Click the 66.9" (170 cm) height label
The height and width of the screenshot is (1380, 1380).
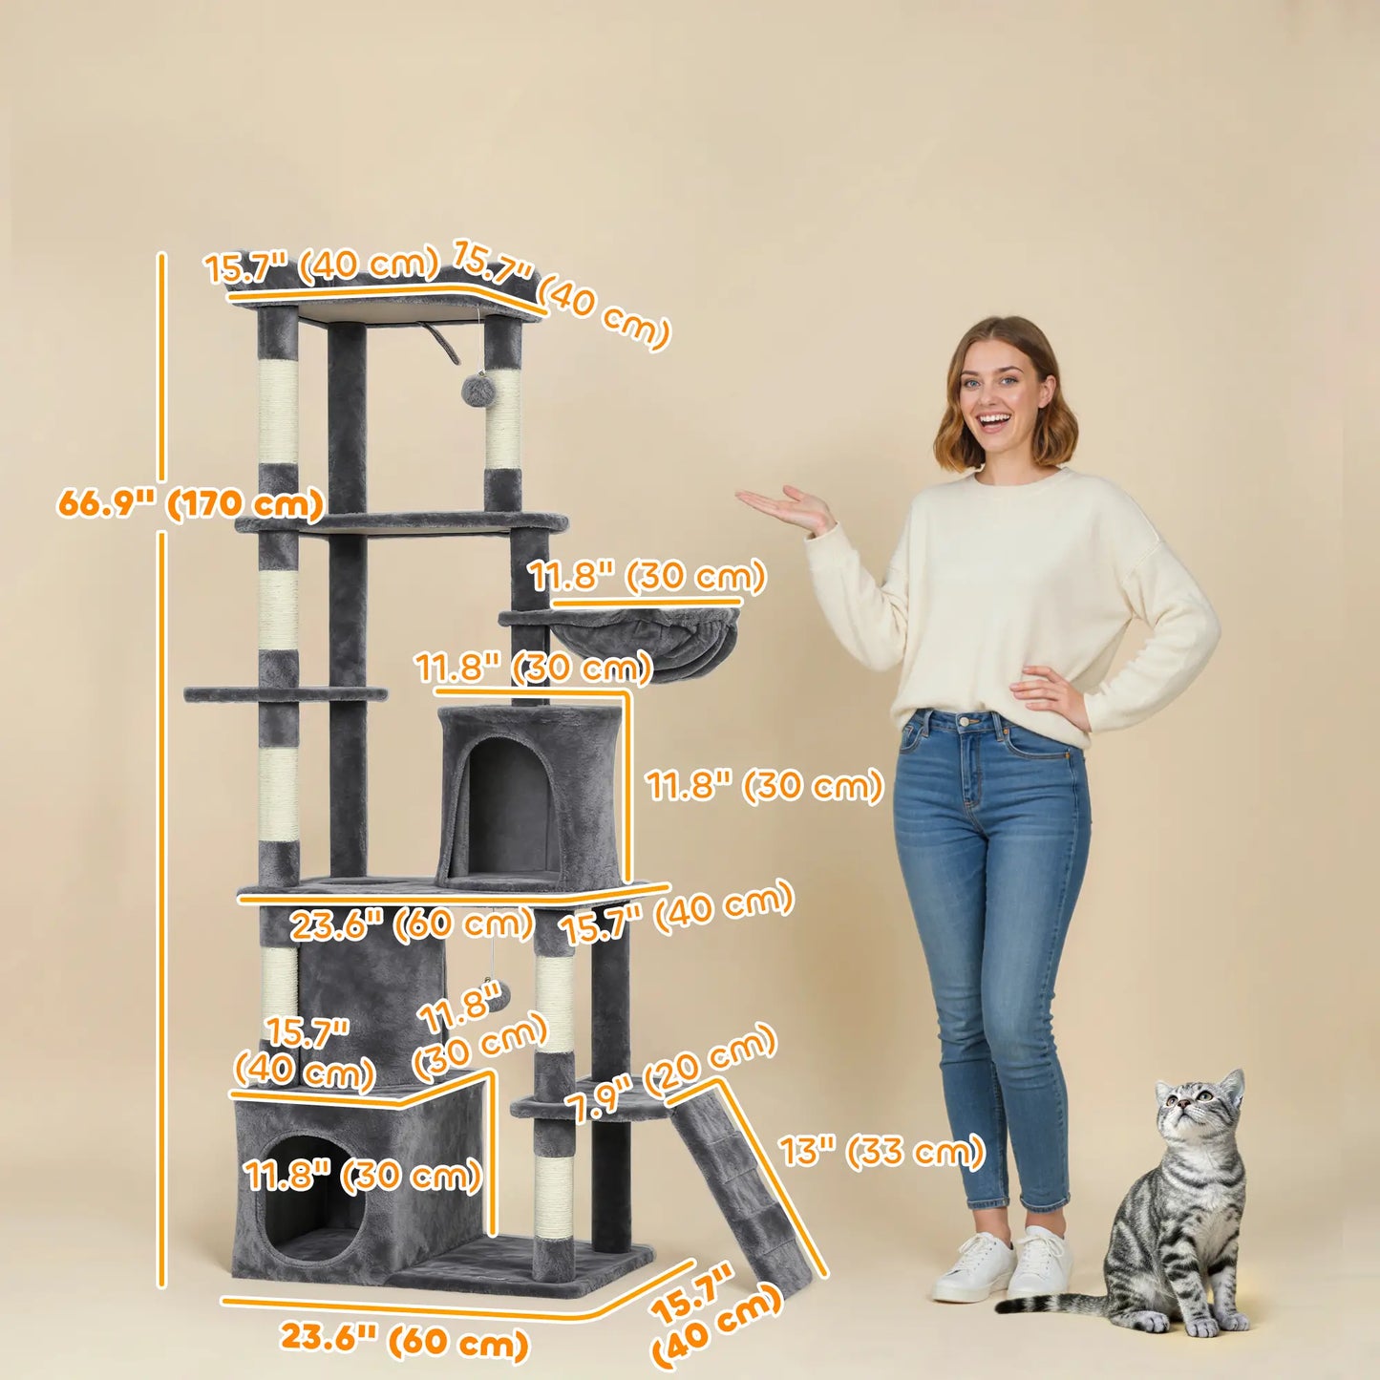pyautogui.click(x=190, y=503)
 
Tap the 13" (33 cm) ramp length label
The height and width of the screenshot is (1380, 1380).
pyautogui.click(x=881, y=1151)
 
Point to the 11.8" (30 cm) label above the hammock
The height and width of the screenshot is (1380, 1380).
pyautogui.click(x=648, y=577)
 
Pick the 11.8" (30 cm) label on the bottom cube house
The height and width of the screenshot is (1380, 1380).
pyautogui.click(x=363, y=1176)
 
